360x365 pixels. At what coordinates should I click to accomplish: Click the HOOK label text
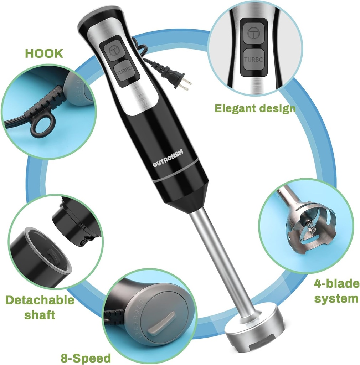coord(44,53)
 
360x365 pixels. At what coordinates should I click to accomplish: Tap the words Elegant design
coord(255,108)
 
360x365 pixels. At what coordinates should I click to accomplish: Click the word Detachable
coord(40,300)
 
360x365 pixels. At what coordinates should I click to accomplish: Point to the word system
coord(336,298)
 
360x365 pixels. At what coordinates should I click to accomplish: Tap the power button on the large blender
coord(114,50)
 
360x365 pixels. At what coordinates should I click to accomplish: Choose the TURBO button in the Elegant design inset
coord(253,60)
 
